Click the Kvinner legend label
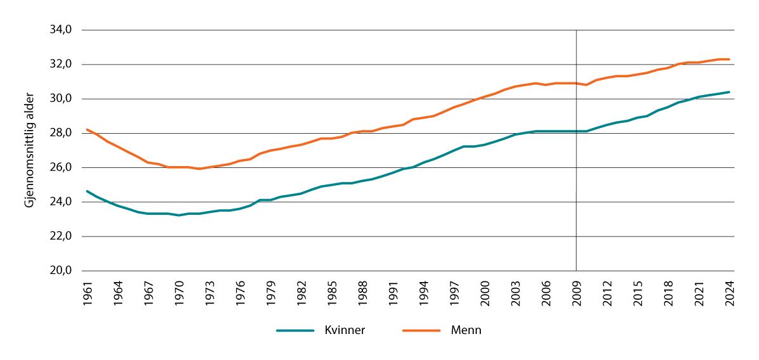coord(344,330)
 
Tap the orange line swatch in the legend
coord(421,330)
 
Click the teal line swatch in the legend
coord(295,330)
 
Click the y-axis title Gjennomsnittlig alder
coord(29,150)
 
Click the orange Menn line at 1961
coord(87,129)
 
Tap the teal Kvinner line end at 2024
coord(729,92)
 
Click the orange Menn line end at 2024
coord(729,60)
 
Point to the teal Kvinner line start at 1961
coord(87,191)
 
